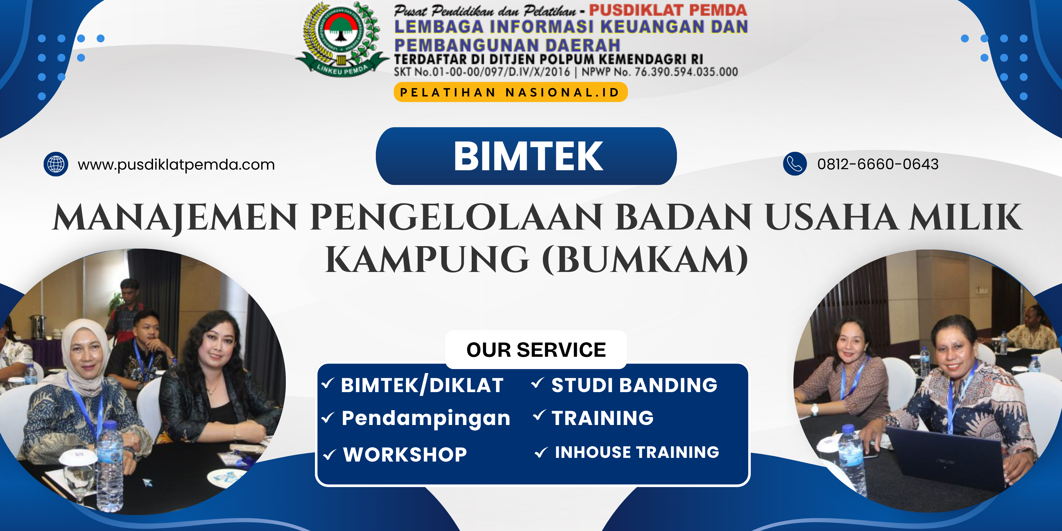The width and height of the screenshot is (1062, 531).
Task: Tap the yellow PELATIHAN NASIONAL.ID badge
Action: (510, 92)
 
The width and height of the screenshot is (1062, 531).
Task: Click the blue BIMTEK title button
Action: (526, 156)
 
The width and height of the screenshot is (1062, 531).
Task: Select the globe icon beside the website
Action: (56, 164)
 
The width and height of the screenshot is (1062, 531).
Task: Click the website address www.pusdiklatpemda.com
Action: (176, 164)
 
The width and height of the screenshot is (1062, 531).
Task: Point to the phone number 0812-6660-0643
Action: (878, 164)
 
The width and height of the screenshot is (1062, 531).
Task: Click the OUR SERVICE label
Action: (536, 350)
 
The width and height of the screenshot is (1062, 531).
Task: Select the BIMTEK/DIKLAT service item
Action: (422, 385)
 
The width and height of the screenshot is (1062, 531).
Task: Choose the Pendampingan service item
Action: (426, 419)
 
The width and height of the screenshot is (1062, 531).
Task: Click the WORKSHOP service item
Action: (405, 454)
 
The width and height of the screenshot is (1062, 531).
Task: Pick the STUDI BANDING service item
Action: (634, 385)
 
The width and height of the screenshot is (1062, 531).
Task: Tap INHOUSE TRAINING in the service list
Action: (637, 452)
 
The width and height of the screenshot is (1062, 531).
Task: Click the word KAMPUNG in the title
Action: (427, 259)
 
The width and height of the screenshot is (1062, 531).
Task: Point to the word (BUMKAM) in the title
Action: (645, 259)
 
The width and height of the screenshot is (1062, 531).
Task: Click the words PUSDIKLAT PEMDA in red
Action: (668, 10)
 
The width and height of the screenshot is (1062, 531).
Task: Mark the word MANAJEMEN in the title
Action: (175, 217)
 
